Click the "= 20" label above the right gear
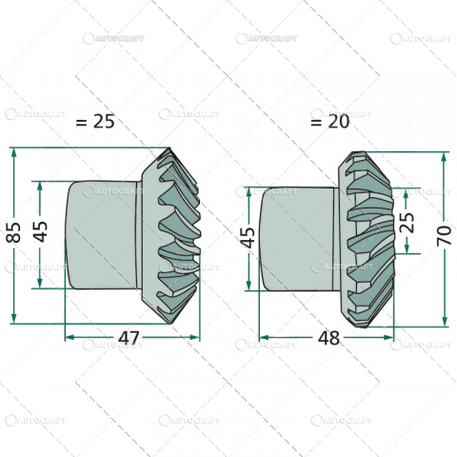[x=329, y=122]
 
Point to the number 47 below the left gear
[x=130, y=337]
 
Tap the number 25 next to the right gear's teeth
[x=407, y=222]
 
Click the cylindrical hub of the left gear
[x=100, y=233]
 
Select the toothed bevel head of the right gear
[x=367, y=238]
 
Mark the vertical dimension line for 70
[x=443, y=286]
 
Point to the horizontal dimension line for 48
[x=286, y=337]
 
